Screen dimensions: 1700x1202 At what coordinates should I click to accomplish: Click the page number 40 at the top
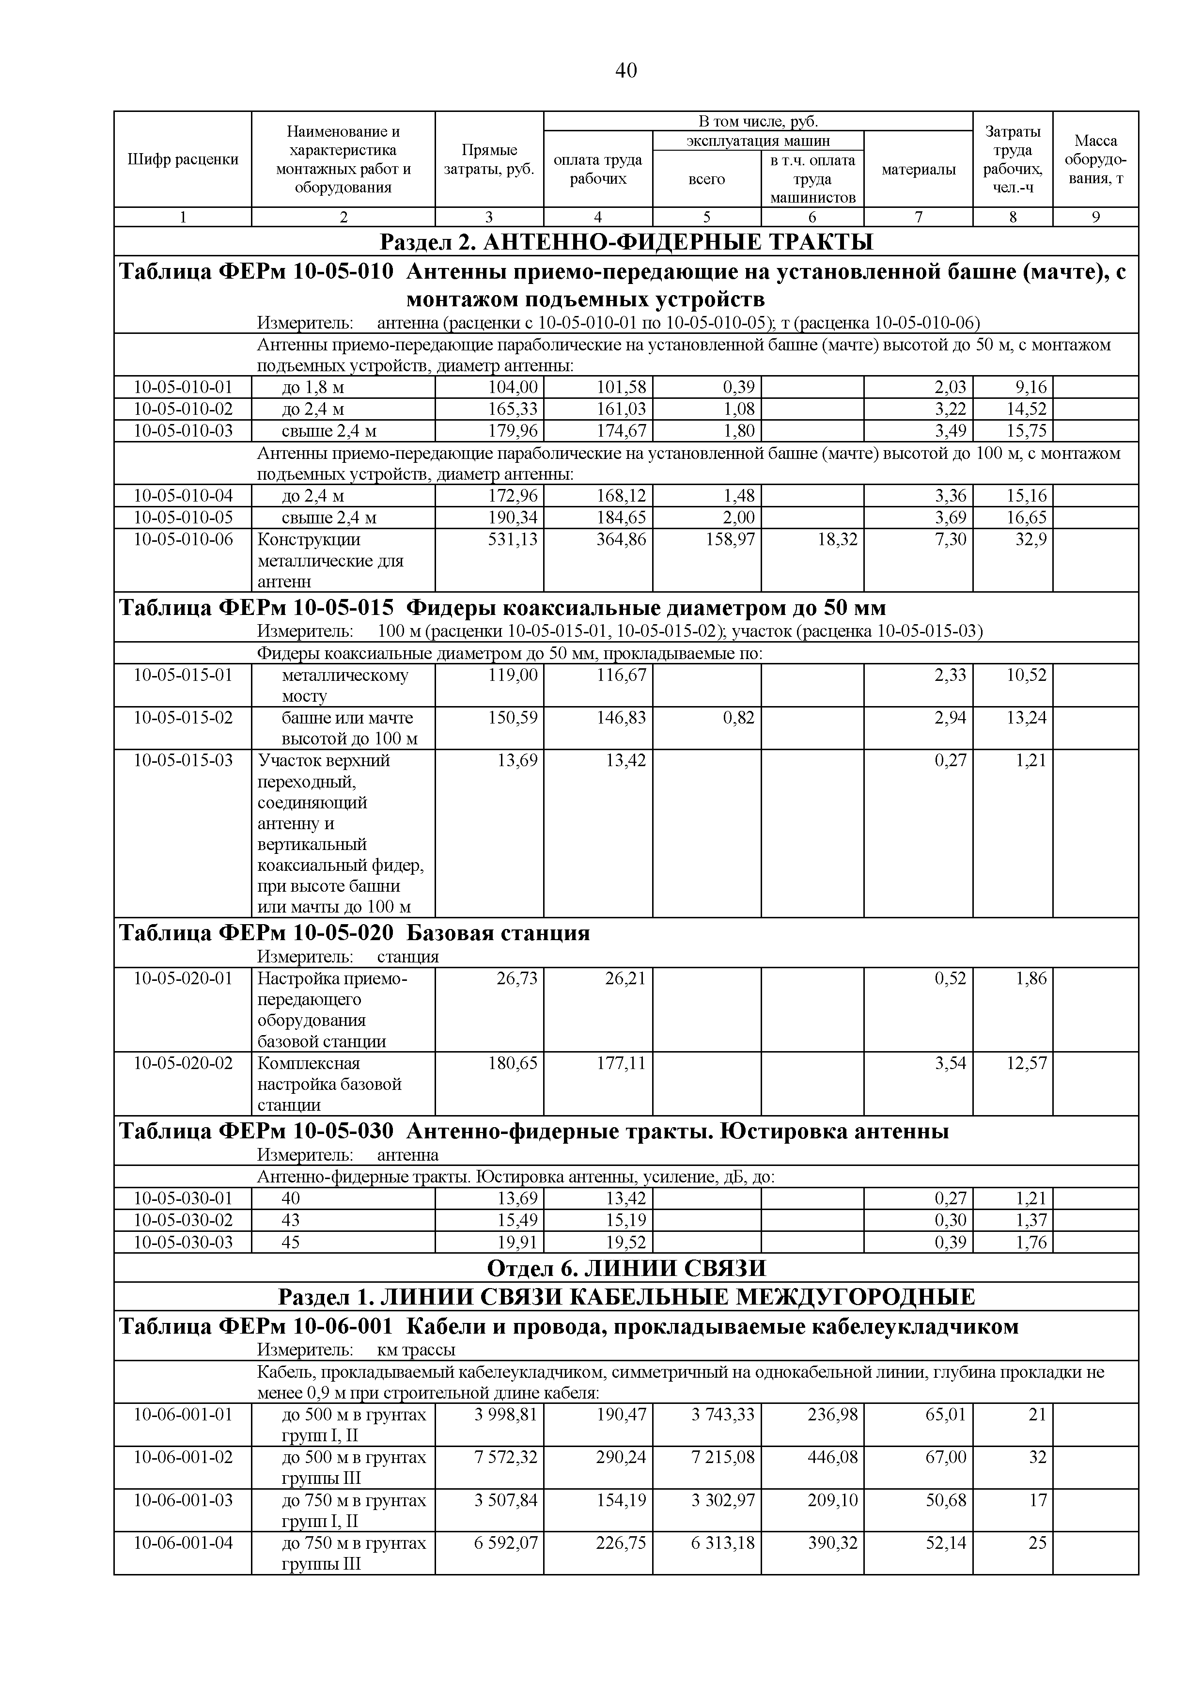click(x=625, y=70)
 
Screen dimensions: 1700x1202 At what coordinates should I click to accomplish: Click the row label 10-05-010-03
click(x=183, y=430)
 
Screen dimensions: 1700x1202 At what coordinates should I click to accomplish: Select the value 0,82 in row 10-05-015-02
click(x=739, y=718)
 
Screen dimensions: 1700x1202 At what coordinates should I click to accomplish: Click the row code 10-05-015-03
click(x=183, y=760)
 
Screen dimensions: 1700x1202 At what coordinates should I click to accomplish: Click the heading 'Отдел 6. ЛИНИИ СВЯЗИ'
click(x=625, y=1268)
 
